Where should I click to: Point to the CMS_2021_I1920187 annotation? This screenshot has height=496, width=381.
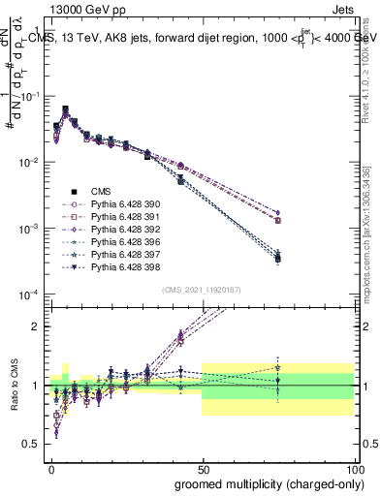(202, 290)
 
